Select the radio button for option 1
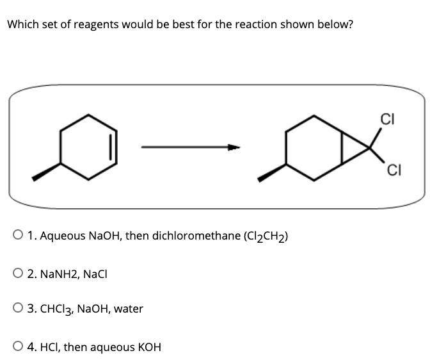(14, 236)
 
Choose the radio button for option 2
(14, 273)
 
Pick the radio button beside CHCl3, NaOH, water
(14, 309)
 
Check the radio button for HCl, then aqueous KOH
(14, 347)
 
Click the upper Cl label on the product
(386, 119)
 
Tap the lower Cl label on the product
(394, 170)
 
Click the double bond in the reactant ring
(115, 146)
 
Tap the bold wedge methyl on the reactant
(46, 171)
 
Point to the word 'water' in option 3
(129, 309)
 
